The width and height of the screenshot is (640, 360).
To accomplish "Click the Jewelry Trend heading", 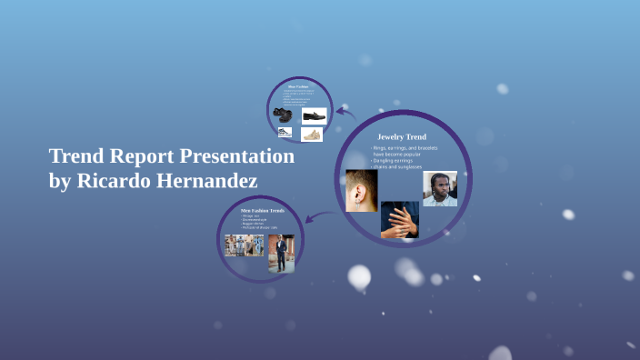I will coord(402,136).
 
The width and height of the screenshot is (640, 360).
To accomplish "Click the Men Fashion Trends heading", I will coord(263,210).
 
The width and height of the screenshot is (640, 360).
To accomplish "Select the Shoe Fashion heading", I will coord(299,86).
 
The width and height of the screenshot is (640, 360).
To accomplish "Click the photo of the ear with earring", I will coord(361,190).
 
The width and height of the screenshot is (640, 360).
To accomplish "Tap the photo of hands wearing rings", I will coord(399,219).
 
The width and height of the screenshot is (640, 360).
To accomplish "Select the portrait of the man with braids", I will coord(440,189).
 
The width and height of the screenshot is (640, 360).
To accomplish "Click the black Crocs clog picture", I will coord(283,115).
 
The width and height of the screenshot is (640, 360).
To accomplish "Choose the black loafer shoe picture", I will coord(314,115).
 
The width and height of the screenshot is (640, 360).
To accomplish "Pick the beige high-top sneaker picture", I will coord(312,134).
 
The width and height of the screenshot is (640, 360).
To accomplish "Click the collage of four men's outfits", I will coord(245,245).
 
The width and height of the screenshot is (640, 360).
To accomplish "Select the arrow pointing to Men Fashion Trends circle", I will coord(314,218).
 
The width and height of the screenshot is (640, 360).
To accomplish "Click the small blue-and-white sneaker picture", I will coord(285,133).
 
